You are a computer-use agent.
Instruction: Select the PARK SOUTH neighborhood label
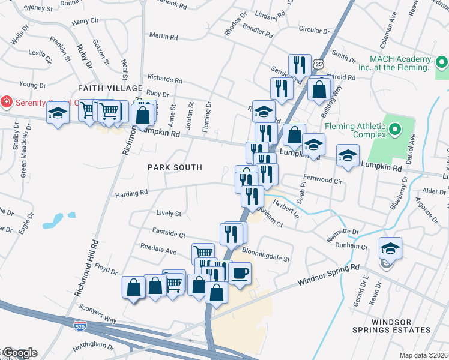[175, 167]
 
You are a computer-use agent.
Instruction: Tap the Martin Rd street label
[163, 37]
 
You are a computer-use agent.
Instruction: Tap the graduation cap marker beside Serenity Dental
[58, 112]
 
